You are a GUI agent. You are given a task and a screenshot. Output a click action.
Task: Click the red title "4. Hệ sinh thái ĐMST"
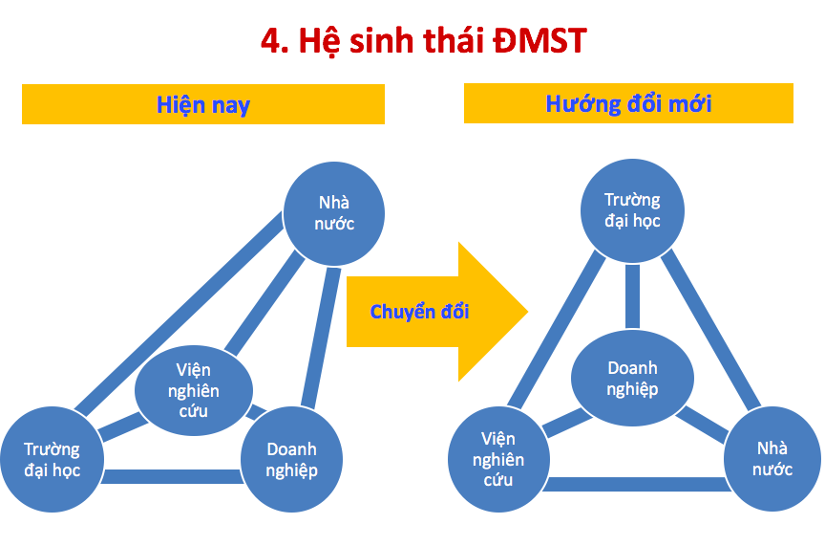coord(424,40)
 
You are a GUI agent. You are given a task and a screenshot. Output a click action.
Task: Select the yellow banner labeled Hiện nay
coord(203,104)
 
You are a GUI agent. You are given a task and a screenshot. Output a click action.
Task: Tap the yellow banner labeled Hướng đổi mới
coord(628,103)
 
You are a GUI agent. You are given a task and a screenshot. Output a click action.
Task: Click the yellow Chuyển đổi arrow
coord(436,312)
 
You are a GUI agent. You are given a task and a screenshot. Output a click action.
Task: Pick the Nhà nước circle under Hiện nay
coord(333,213)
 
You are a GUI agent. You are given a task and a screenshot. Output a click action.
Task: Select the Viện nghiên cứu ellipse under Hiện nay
coord(194,390)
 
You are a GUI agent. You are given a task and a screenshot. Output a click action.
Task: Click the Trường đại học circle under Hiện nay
coord(53,459)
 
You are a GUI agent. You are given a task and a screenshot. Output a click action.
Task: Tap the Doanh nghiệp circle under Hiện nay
coord(291,459)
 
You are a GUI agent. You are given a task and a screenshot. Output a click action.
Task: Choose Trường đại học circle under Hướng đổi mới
coord(632,210)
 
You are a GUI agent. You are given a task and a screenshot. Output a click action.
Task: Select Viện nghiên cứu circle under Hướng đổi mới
coord(498,459)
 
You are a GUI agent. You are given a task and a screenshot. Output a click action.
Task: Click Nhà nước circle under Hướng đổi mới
coord(772,459)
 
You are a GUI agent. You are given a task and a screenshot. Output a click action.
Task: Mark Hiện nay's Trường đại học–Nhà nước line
coord(179,314)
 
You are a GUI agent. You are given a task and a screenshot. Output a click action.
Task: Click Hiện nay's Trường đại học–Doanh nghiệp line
coord(172,476)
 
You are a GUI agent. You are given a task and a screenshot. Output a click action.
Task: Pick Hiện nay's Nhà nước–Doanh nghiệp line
coord(321,338)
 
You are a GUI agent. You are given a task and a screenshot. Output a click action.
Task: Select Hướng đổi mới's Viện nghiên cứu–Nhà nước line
coord(637,484)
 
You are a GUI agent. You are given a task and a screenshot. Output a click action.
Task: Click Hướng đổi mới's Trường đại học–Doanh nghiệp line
coord(632,296)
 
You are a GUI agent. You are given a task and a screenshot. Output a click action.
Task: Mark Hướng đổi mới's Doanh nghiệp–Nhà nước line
coord(702,425)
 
